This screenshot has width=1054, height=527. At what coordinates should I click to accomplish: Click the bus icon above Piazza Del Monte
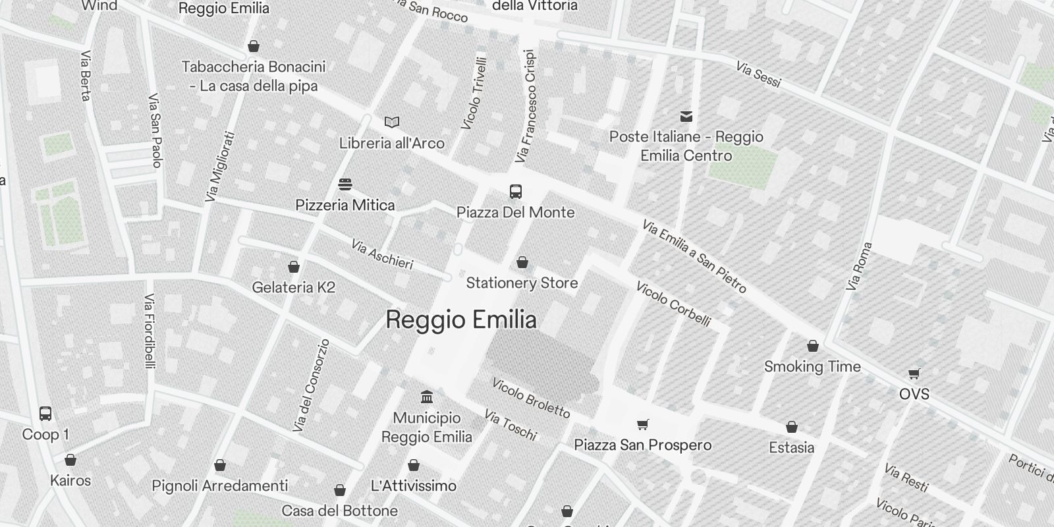click(516, 192)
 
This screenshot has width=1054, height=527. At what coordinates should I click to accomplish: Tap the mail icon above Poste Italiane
click(686, 117)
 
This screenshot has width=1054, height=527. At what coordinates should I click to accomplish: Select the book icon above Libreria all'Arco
click(392, 122)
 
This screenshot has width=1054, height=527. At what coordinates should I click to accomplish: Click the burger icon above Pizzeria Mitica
click(345, 184)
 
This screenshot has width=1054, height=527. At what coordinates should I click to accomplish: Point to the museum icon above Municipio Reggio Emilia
click(427, 397)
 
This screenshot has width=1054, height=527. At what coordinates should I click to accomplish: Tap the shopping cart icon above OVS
click(914, 374)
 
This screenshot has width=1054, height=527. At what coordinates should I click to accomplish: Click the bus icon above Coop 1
click(45, 414)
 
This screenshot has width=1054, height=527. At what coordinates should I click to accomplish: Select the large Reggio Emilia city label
click(461, 320)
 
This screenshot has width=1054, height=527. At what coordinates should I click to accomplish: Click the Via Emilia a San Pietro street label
click(694, 257)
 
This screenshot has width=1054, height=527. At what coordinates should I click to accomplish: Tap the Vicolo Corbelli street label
click(673, 304)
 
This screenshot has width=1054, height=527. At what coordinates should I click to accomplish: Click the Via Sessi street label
click(758, 74)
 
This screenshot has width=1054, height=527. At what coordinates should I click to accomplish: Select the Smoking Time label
click(812, 367)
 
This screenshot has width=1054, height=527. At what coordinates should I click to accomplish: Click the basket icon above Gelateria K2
click(294, 267)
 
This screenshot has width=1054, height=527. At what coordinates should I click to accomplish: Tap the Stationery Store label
click(522, 283)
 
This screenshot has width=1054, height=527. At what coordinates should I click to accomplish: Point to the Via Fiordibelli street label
click(150, 331)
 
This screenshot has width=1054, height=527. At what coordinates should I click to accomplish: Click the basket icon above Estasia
click(792, 427)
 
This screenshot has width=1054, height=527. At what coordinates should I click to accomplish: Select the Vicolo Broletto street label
click(531, 398)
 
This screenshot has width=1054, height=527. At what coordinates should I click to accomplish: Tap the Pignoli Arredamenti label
click(220, 486)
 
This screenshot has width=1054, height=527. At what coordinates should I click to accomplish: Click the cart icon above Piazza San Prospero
click(643, 424)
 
